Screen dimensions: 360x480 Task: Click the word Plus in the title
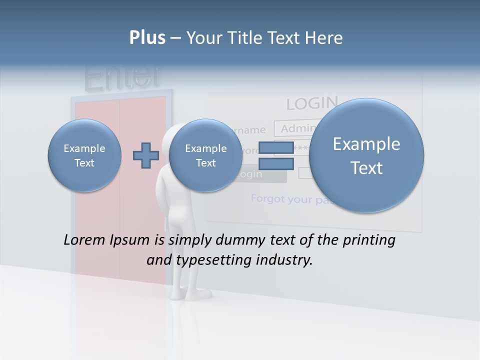[147, 38]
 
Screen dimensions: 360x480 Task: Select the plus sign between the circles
[145, 155]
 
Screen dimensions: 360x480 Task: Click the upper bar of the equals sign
[276, 148]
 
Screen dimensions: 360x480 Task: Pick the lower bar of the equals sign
[276, 163]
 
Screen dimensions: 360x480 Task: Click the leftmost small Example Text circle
[84, 155]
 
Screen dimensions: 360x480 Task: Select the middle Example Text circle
[205, 155]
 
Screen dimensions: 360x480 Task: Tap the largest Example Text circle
[366, 155]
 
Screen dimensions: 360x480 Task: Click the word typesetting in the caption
[211, 260]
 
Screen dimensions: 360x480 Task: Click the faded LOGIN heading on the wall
[312, 103]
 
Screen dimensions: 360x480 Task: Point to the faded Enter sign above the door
[122, 77]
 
